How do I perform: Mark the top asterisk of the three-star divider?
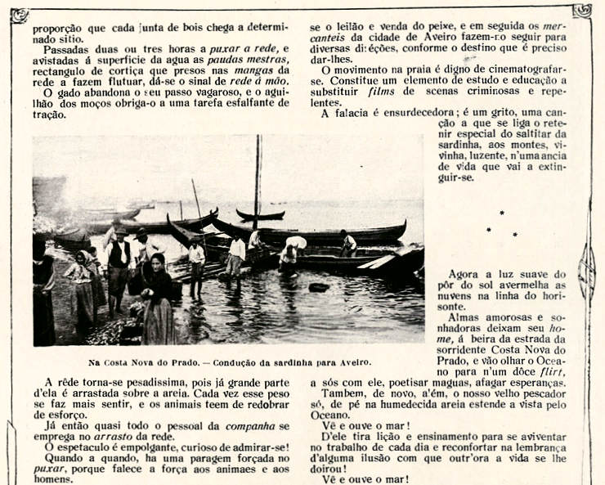tap(501, 213)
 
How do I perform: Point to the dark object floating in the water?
tap(319, 287)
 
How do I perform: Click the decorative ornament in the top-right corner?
tap(582, 11)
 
